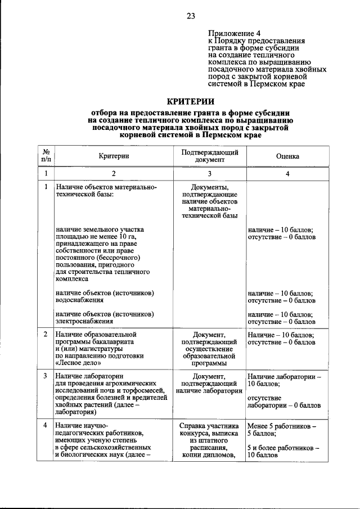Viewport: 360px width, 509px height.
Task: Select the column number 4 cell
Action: (287, 174)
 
